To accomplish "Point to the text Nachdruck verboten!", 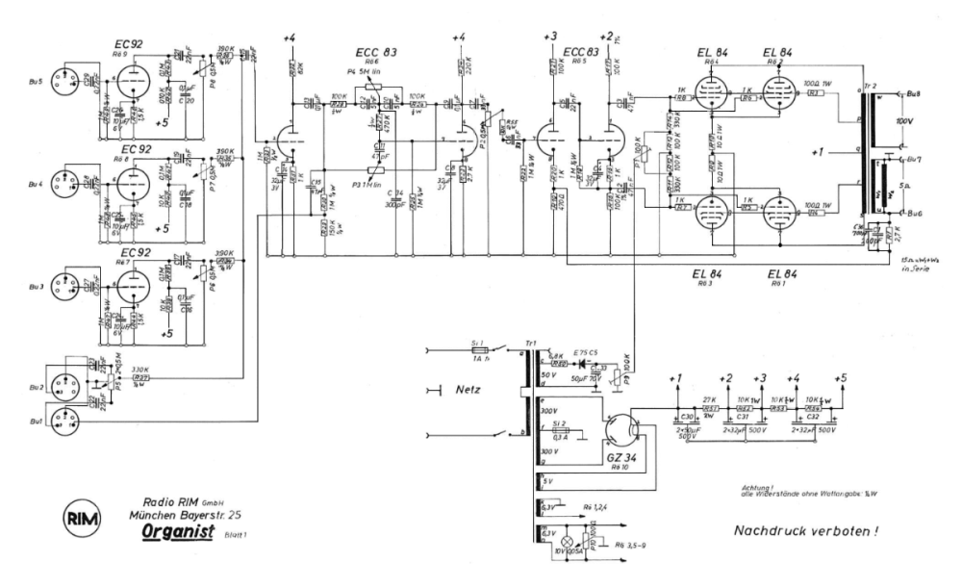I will coord(806,530).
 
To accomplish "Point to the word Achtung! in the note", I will coord(760,488).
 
